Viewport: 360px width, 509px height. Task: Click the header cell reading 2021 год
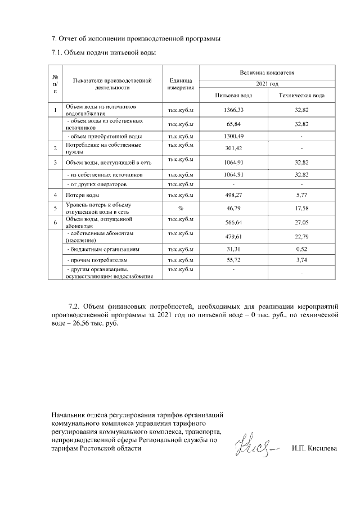pyautogui.click(x=268, y=83)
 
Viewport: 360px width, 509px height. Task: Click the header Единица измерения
pyautogui.click(x=181, y=84)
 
